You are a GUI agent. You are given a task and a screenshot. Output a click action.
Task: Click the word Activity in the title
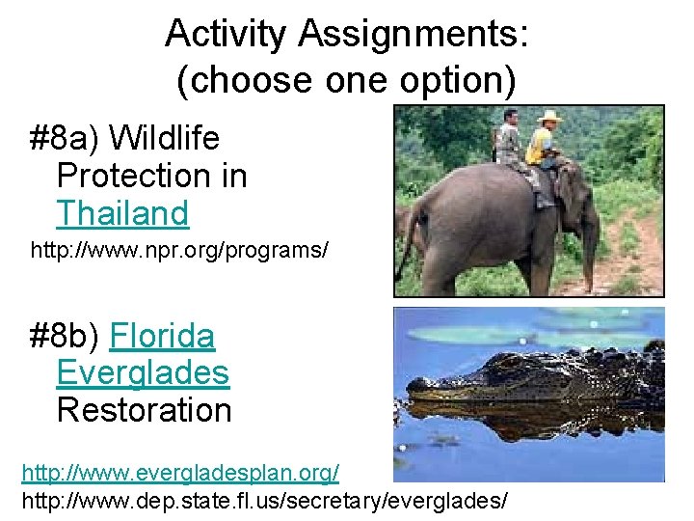pos(226,34)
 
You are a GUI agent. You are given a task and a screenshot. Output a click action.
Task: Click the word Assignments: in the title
pos(414,34)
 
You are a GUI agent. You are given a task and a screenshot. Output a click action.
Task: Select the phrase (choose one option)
pos(347,81)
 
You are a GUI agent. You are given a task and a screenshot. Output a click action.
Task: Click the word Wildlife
pos(164,139)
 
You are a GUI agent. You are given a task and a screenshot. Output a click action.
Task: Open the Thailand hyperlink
pos(122,212)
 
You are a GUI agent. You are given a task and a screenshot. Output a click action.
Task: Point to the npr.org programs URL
pos(179,251)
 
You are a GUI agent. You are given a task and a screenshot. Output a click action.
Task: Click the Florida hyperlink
pos(162,337)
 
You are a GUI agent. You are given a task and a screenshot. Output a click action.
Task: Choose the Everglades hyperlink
pos(143,373)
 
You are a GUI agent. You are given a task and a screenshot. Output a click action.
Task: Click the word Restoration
pos(144,410)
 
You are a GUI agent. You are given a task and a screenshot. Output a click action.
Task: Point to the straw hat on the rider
pos(549,117)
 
